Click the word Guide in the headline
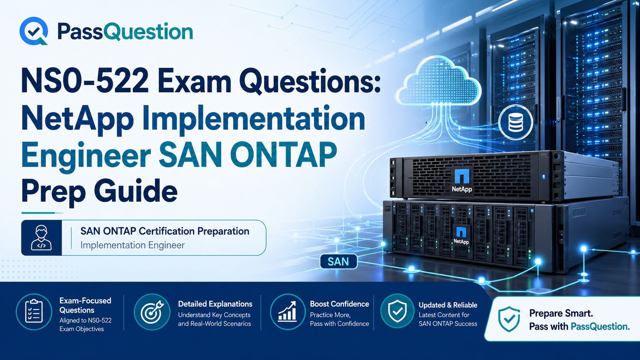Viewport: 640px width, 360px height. pyautogui.click(x=136, y=190)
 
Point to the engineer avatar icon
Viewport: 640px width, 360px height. pyautogui.click(x=41, y=238)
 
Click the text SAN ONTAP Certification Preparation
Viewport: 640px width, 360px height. pyautogui.click(x=165, y=231)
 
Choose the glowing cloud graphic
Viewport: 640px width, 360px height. pyautogui.click(x=439, y=81)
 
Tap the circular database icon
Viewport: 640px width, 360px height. pyautogui.click(x=516, y=122)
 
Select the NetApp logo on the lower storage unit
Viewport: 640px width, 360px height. pyautogui.click(x=461, y=235)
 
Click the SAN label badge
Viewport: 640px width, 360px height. pyautogui.click(x=339, y=262)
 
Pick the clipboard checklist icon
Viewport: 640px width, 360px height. pyautogui.click(x=34, y=312)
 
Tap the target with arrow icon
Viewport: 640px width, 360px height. pyautogui.click(x=152, y=312)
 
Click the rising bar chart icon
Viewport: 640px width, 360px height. pyautogui.click(x=288, y=312)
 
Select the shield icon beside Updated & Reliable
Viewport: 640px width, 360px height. pyautogui.click(x=397, y=311)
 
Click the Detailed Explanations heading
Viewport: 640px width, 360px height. pyautogui.click(x=215, y=304)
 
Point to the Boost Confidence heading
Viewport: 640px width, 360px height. pyautogui.click(x=340, y=304)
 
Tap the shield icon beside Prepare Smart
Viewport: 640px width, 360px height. pyautogui.click(x=509, y=319)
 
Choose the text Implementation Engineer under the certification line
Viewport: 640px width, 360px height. pyautogui.click(x=132, y=245)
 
